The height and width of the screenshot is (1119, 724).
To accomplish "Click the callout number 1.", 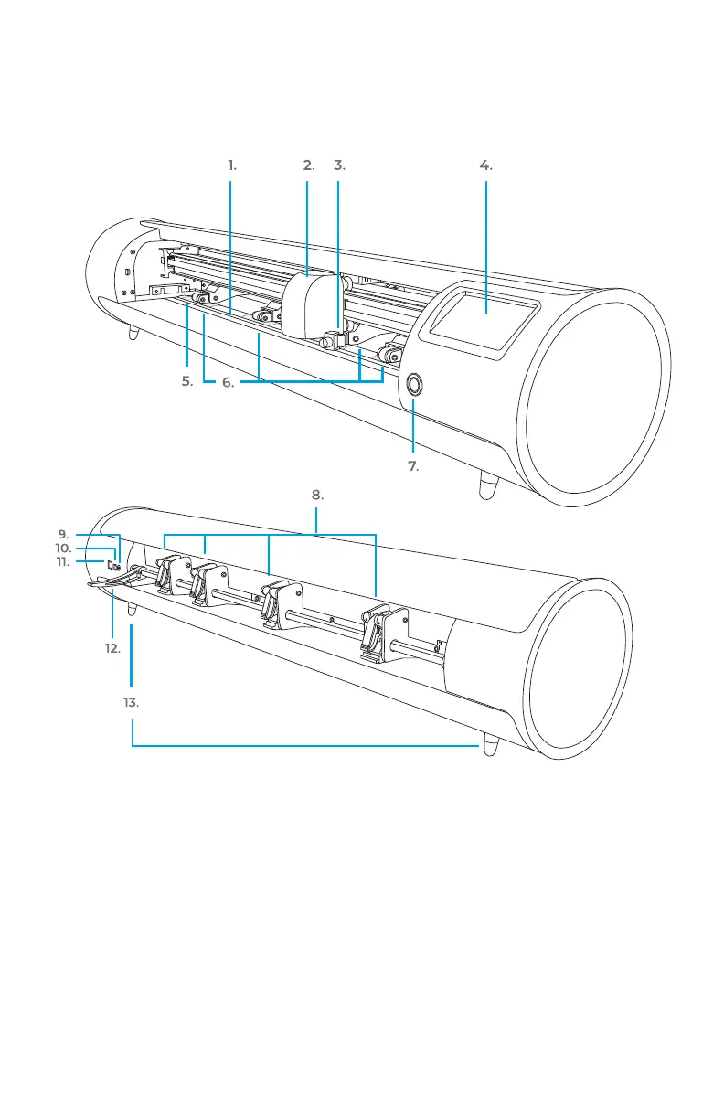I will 232,165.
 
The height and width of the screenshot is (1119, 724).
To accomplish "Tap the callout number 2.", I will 308,165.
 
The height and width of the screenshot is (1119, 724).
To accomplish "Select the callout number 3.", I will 339,165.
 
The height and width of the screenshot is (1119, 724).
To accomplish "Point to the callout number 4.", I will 485,165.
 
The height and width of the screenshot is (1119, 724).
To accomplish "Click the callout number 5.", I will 186,382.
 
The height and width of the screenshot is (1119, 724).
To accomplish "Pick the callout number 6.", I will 228,383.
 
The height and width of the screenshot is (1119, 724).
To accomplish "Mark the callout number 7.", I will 413,466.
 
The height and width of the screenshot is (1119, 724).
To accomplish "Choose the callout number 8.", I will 316,495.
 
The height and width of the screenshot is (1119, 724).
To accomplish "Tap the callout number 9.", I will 63,534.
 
